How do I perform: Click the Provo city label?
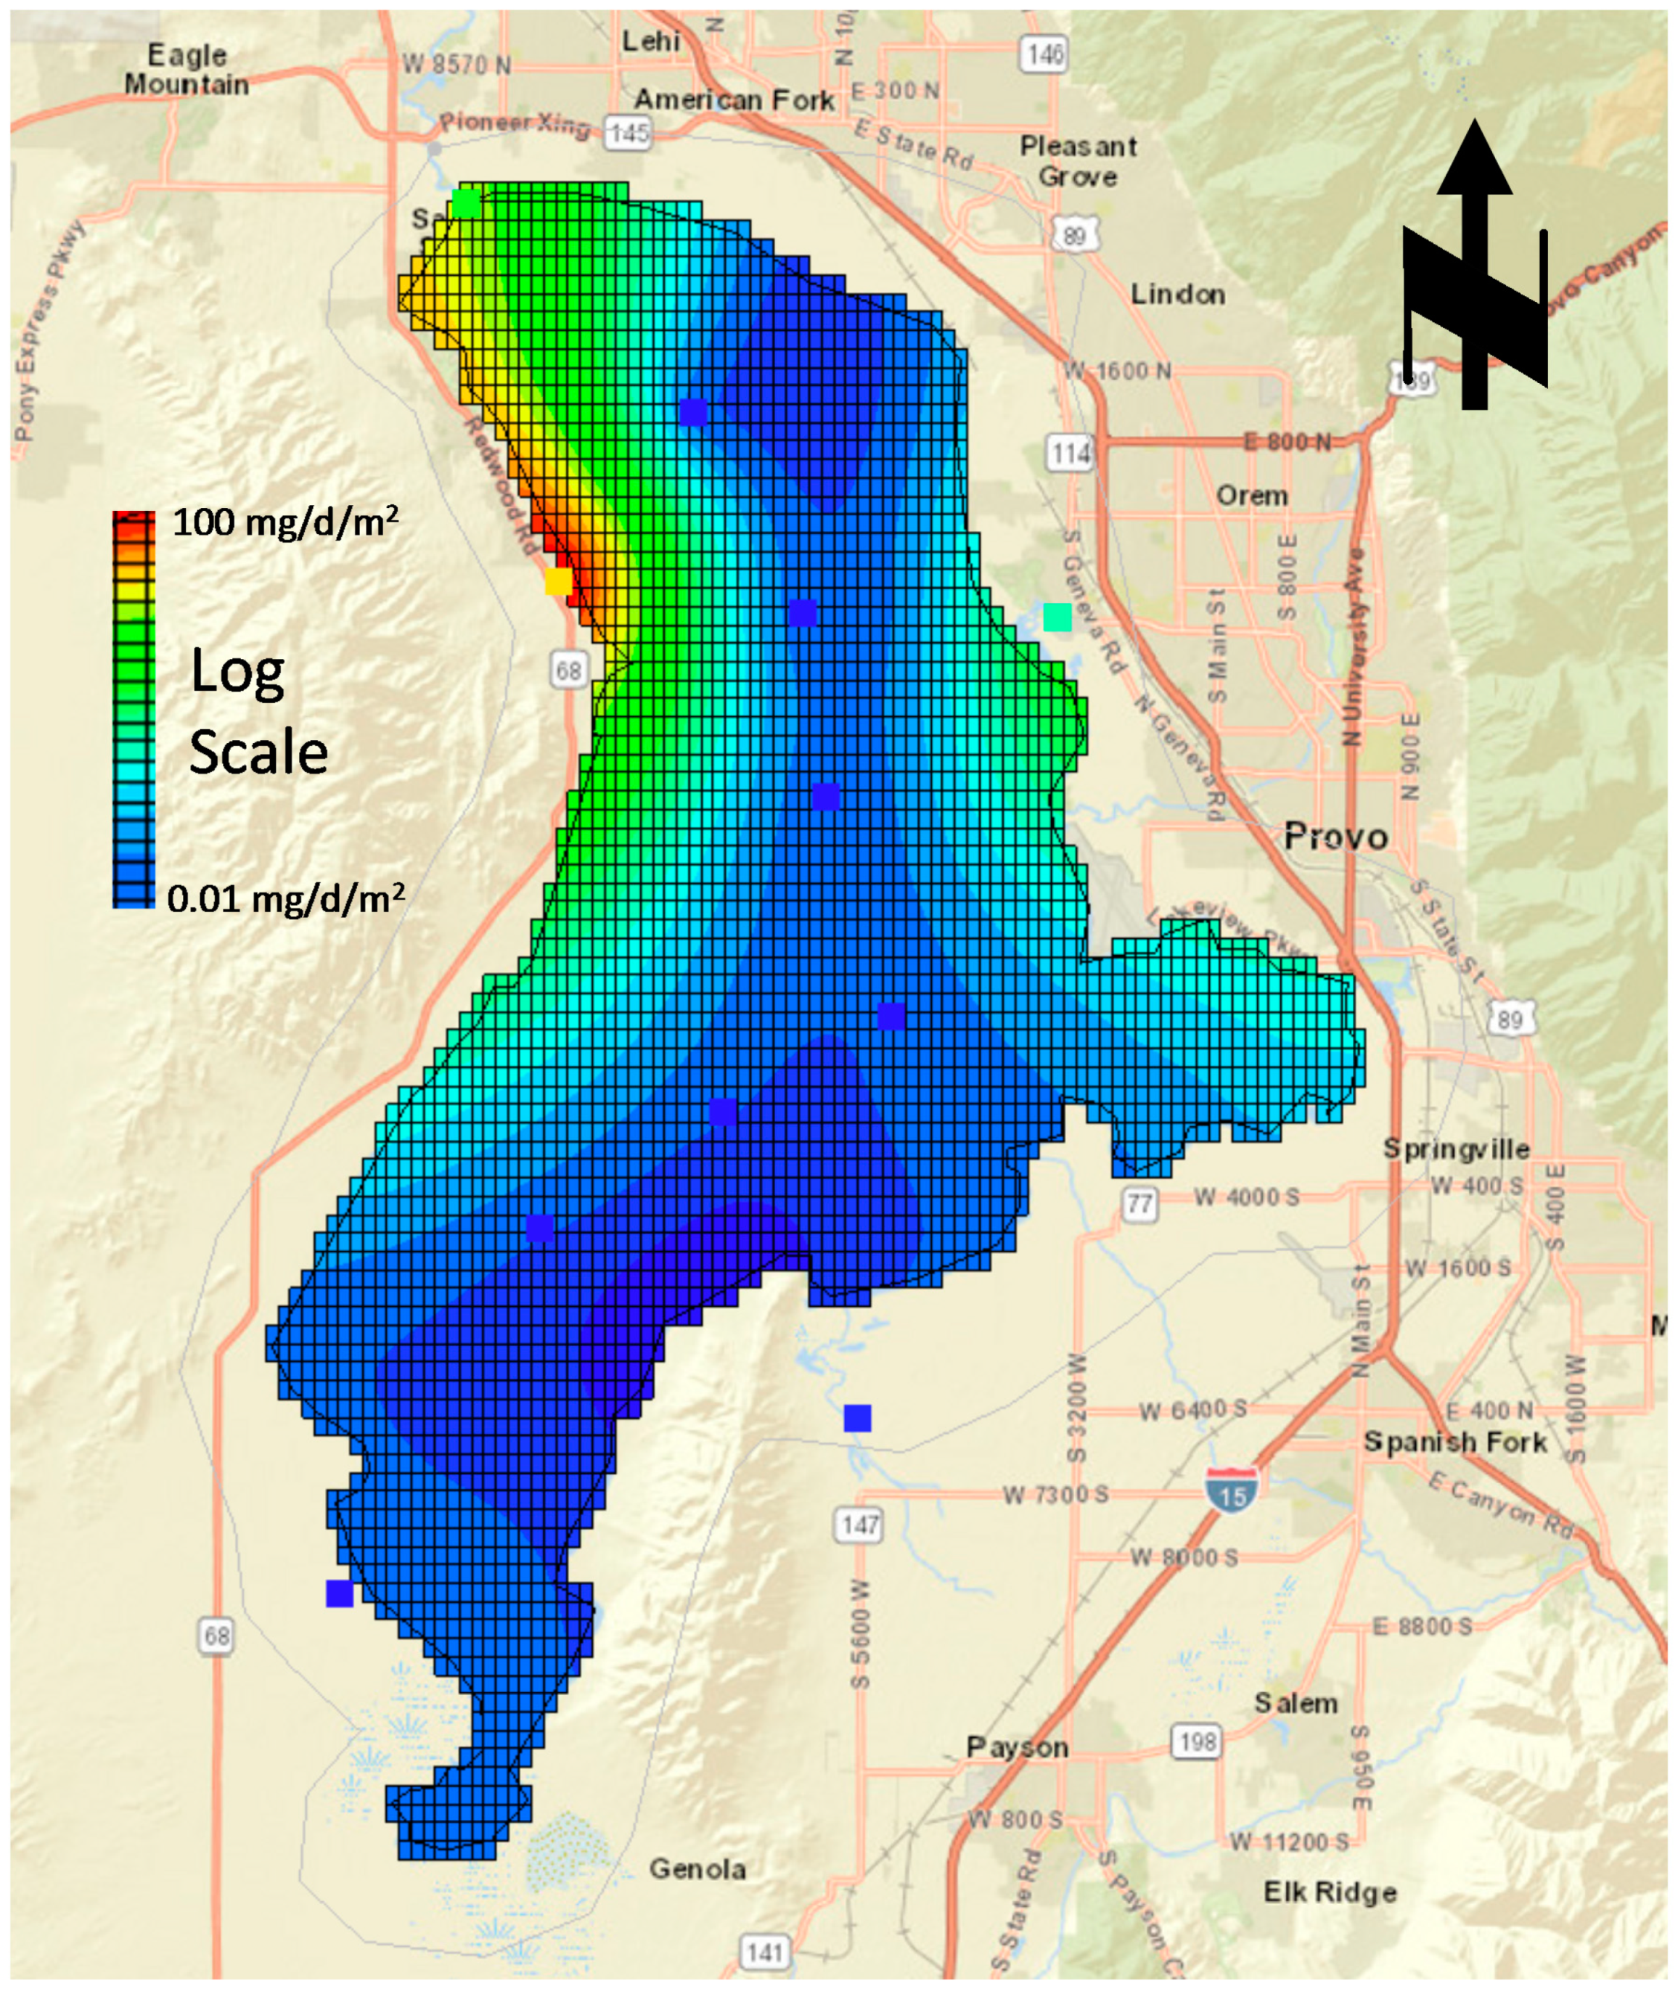1335,837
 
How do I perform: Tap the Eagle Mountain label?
187,70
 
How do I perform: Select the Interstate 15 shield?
1232,1489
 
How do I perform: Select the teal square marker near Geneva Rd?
1057,617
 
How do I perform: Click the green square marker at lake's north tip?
466,203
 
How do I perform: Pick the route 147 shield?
859,1526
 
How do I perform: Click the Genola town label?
697,1868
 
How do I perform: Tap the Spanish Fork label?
1454,1442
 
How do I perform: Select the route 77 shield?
1139,1205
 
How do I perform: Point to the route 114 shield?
1070,454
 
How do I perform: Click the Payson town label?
1017,1747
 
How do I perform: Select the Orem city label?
1252,496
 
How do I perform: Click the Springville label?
1455,1148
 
